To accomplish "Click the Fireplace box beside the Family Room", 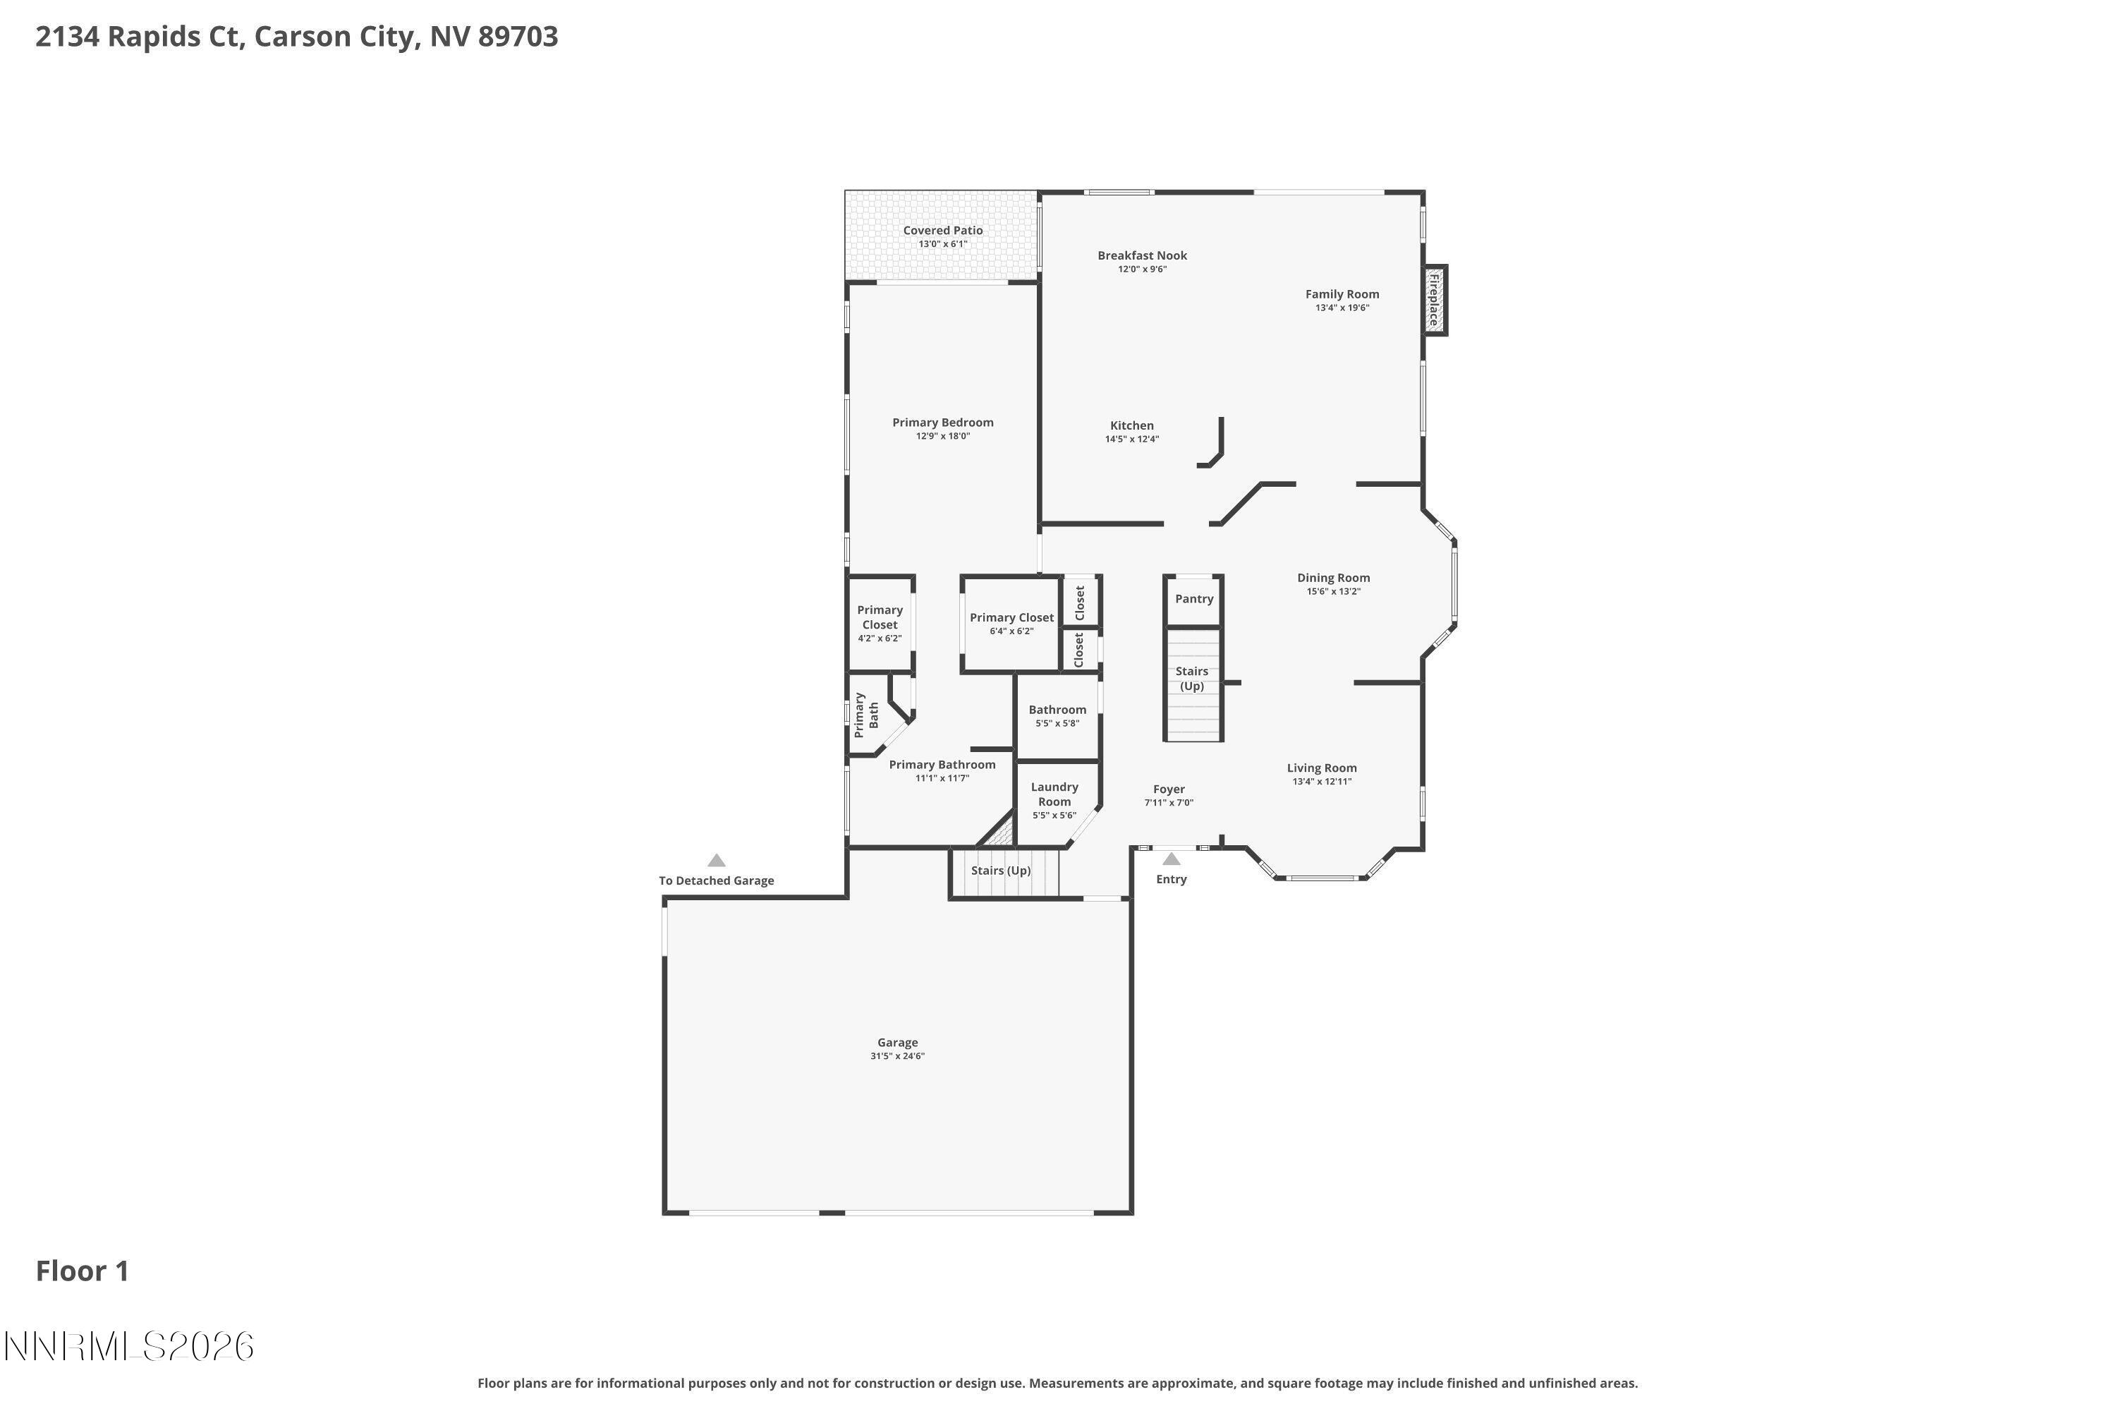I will click(x=1434, y=301).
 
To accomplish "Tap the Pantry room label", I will click(x=1194, y=599).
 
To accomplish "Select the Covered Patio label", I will click(x=943, y=231).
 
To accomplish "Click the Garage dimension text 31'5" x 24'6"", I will click(x=897, y=1056).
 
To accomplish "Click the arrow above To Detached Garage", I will click(x=716, y=860).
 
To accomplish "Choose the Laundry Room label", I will click(x=1054, y=794).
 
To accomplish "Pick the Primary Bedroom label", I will click(x=943, y=423).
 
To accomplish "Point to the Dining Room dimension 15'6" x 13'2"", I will click(x=1333, y=592).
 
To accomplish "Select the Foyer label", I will click(x=1169, y=790).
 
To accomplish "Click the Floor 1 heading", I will click(x=83, y=1271).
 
